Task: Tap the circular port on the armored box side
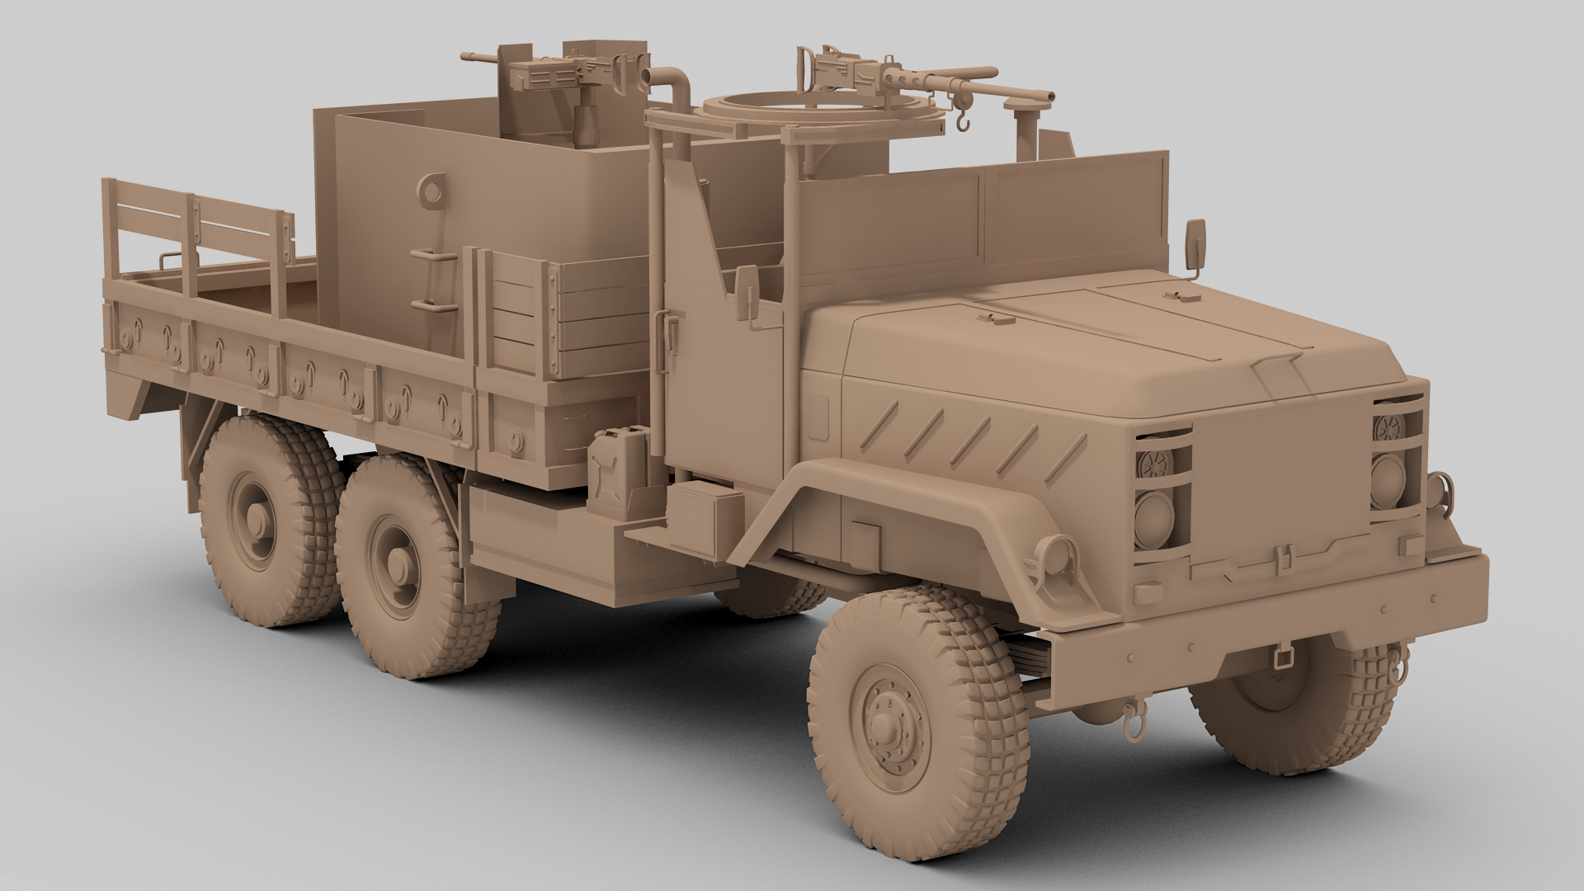pos(429,189)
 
